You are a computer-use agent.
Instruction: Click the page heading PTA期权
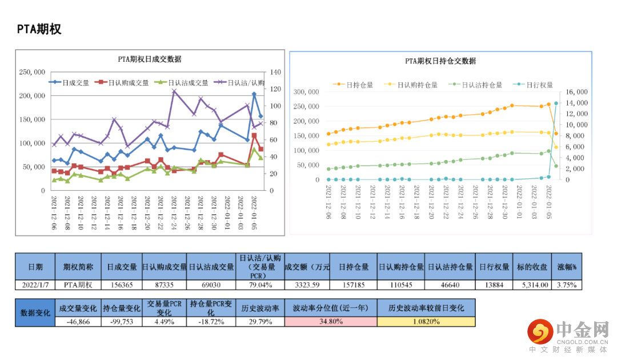(x=39, y=29)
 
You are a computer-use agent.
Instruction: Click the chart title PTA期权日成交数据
(x=150, y=59)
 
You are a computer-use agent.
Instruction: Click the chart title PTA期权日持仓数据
(x=440, y=61)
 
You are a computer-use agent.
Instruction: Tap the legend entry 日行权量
(x=539, y=85)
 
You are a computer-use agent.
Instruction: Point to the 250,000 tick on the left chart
(x=32, y=73)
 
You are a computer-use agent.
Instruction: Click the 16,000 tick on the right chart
(x=576, y=92)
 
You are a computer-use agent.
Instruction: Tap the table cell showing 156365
(x=122, y=285)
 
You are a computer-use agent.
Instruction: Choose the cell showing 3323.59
(x=307, y=285)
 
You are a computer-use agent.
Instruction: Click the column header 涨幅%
(x=567, y=267)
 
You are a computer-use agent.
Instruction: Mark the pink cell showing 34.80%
(x=331, y=322)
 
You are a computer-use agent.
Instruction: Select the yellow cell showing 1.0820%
(x=426, y=322)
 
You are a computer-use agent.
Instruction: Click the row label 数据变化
(x=35, y=313)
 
